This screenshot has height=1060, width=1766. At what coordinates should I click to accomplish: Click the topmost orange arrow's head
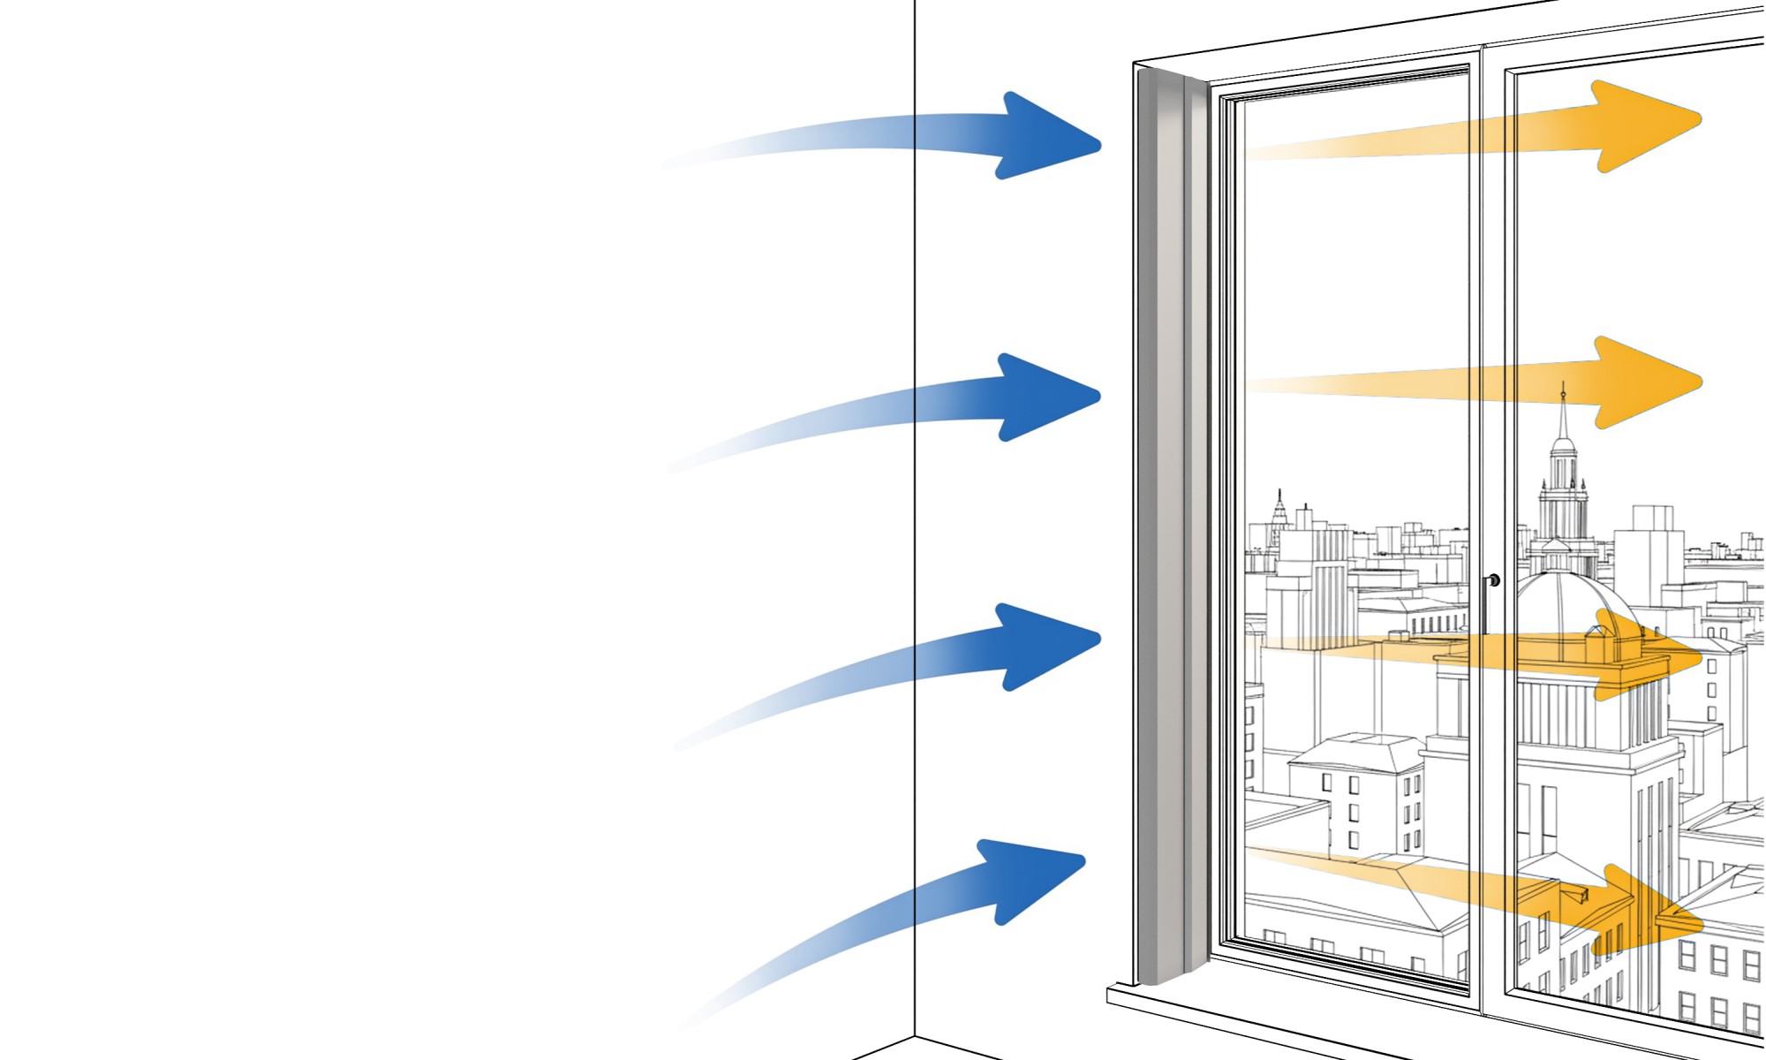click(x=1642, y=124)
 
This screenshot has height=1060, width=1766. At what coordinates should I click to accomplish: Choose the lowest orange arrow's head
click(x=1651, y=914)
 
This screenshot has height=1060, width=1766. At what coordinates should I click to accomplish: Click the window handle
click(x=1491, y=587)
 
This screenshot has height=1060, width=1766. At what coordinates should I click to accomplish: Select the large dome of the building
click(x=1563, y=601)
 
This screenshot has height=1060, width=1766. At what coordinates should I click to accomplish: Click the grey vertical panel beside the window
click(x=1170, y=530)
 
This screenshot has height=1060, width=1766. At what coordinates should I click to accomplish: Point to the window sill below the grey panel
click(x=1236, y=1007)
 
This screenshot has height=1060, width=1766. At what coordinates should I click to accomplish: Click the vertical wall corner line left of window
click(x=915, y=530)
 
